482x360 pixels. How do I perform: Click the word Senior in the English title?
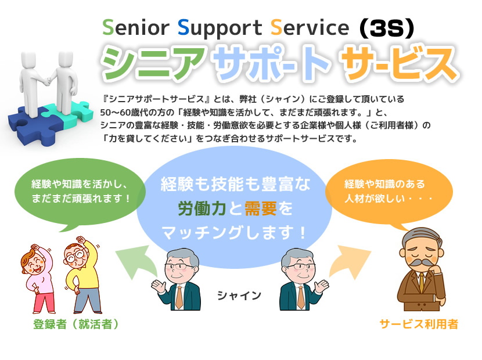click(x=136, y=27)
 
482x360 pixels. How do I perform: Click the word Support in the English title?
click(x=220, y=29)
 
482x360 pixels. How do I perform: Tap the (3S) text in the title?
click(x=387, y=28)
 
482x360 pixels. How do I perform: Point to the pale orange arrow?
click(x=350, y=261)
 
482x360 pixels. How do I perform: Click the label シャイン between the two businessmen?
click(x=239, y=296)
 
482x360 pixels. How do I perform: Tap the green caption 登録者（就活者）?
click(x=75, y=324)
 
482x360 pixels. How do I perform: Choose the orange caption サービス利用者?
click(x=419, y=324)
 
